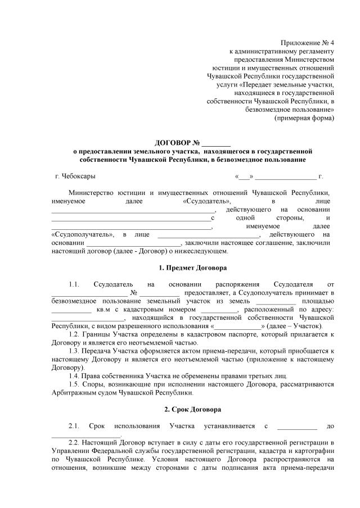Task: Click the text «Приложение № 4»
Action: [307, 43]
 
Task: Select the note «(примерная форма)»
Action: [304, 119]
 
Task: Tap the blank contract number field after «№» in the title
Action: [216, 143]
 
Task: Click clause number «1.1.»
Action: [75, 284]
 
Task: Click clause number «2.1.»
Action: [75, 426]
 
